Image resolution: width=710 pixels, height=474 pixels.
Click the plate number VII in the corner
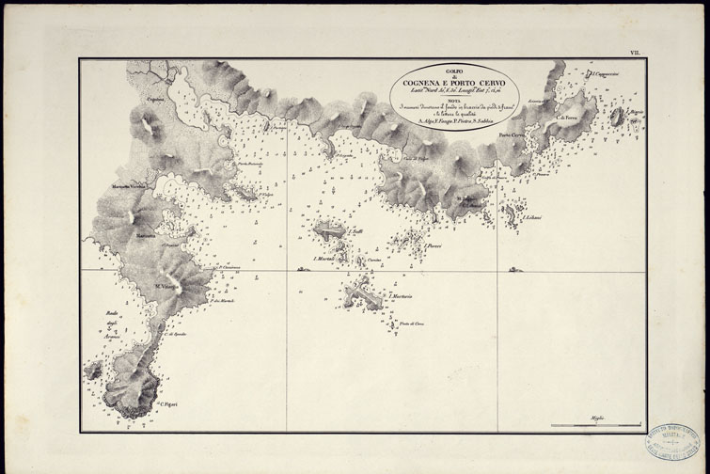[635, 54]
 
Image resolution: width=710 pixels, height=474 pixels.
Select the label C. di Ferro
[566, 117]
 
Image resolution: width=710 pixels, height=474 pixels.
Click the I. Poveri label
[433, 246]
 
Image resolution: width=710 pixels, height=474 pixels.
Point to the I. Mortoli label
[325, 258]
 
